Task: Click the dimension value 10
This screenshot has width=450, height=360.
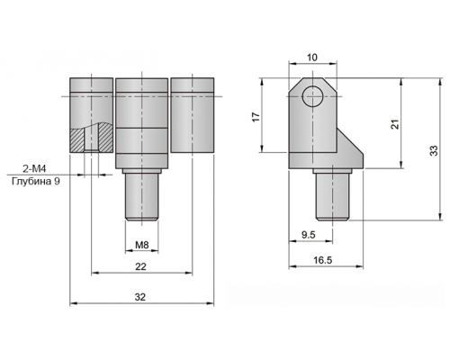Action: pos(312,58)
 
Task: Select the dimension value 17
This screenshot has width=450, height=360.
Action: pos(256,117)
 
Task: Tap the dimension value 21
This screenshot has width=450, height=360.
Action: pos(396,124)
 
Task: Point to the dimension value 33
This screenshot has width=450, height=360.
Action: pos(434,150)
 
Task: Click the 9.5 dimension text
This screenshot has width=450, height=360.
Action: pos(309,235)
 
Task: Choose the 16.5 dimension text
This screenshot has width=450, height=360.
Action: pos(323,260)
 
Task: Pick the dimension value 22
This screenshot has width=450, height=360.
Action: pos(140,266)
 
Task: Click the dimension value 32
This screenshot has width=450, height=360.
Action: pos(140,297)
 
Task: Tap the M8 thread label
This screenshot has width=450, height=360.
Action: pos(142,245)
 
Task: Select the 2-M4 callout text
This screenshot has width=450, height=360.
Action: pos(35,169)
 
